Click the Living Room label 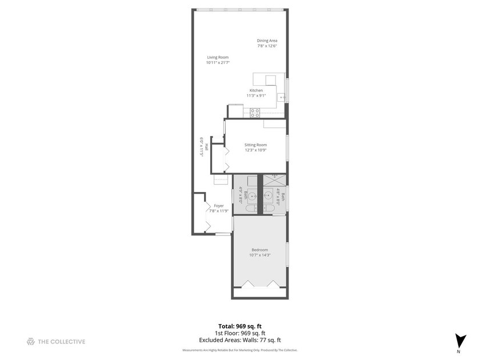pos(218,57)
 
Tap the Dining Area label pos(267,41)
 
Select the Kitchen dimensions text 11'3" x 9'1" pos(256,96)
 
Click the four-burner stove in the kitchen pos(254,113)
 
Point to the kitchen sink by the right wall pos(282,98)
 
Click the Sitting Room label pos(255,145)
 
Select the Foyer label pos(219,206)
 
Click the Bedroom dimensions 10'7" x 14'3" pos(259,255)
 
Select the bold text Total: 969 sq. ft pos(239,326)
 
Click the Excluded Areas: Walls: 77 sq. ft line pos(239,340)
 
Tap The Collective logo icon pos(31,342)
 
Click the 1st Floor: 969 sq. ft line pos(239,333)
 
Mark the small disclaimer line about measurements pos(239,350)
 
